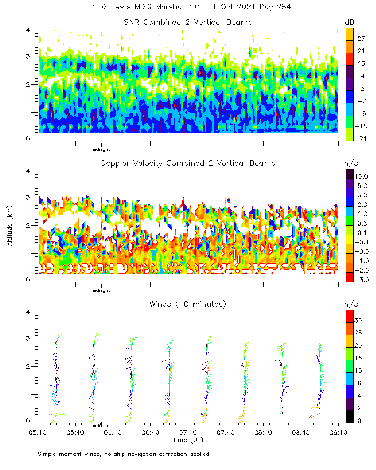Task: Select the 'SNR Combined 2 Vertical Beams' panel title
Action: [x=188, y=22]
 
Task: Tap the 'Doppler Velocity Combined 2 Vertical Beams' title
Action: [x=188, y=163]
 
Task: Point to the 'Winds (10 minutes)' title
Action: [x=188, y=304]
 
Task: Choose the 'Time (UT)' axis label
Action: [x=188, y=440]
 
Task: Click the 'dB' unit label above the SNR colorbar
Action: [x=350, y=22]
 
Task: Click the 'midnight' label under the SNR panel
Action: [x=100, y=149]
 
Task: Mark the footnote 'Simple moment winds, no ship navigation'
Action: [x=123, y=454]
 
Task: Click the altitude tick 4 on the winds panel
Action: [x=29, y=311]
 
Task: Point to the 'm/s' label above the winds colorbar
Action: [x=350, y=305]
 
